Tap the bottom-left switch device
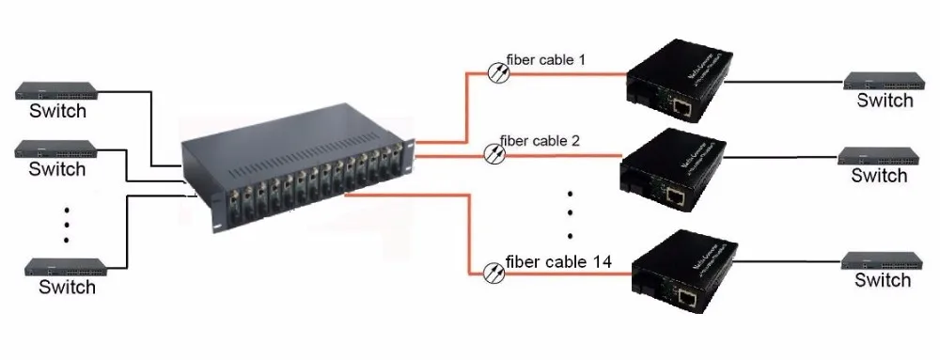pos(66,267)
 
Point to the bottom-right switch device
pos(883,259)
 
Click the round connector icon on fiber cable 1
pos(498,69)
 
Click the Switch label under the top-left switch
pos(57,112)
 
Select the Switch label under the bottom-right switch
pos(883,280)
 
